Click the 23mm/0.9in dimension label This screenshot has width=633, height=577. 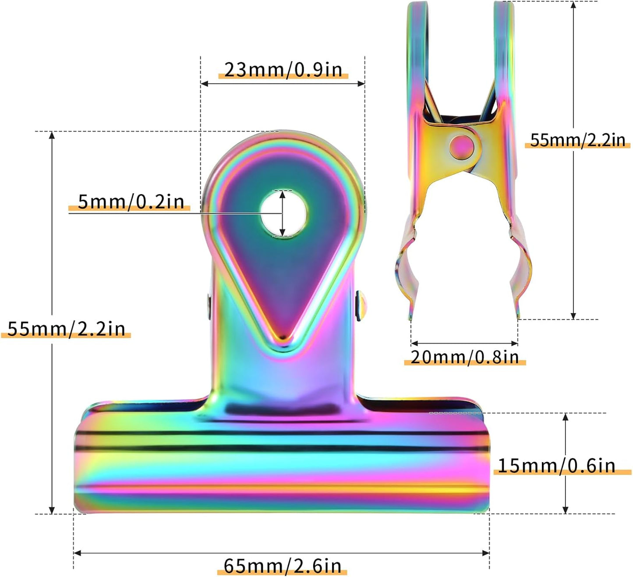pos(283,70)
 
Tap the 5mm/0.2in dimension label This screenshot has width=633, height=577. pos(131,202)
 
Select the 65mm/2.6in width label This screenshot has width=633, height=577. pos(283,566)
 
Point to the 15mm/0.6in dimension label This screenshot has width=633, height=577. pos(557,465)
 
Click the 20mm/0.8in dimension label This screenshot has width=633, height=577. pos(464,358)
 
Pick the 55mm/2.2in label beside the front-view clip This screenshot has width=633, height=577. pos(66,329)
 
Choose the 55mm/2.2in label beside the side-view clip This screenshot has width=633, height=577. pos(577,140)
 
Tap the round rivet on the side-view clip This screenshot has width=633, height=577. pos(461,146)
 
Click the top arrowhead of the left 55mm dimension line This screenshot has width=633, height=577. pos(52,135)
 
